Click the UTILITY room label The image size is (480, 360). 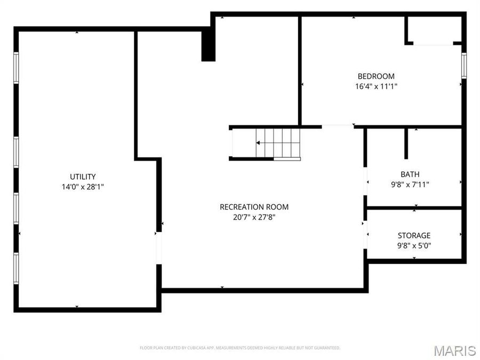[83, 177]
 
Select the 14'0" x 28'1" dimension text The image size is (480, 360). [83, 187]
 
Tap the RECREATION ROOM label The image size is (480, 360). [254, 207]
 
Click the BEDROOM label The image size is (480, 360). [376, 76]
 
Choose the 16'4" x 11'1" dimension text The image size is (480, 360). [376, 86]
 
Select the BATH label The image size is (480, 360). [410, 174]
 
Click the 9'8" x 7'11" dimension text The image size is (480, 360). [410, 185]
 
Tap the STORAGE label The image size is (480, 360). [414, 236]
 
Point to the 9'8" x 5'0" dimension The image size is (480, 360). [414, 246]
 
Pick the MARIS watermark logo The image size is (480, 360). [454, 350]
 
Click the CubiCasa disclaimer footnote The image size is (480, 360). [239, 348]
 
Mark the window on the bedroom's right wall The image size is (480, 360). [464, 66]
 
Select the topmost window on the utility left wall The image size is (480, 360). [16, 68]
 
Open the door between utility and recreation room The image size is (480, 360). [158, 248]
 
